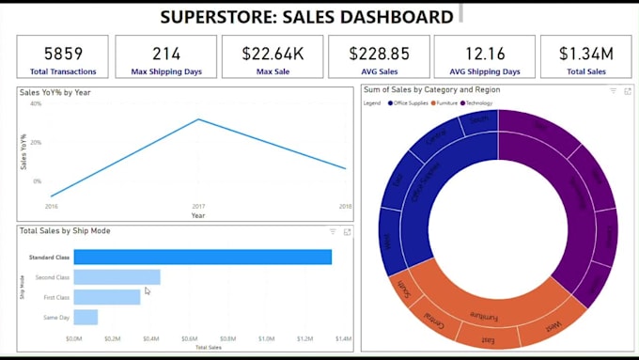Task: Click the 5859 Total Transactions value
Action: point(62,53)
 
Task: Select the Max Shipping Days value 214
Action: point(166,53)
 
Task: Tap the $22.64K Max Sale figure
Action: point(273,53)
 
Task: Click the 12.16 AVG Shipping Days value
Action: point(484,53)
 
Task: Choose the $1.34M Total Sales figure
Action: point(585,53)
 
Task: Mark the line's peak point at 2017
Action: point(198,119)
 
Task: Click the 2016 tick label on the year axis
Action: point(51,205)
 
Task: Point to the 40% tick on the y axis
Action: point(36,103)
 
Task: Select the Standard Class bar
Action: point(202,257)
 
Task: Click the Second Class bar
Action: point(117,276)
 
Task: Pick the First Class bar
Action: point(106,297)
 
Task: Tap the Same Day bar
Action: point(86,317)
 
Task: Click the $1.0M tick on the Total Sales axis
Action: point(266,337)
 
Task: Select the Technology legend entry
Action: point(476,102)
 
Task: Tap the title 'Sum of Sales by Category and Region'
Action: point(431,89)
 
